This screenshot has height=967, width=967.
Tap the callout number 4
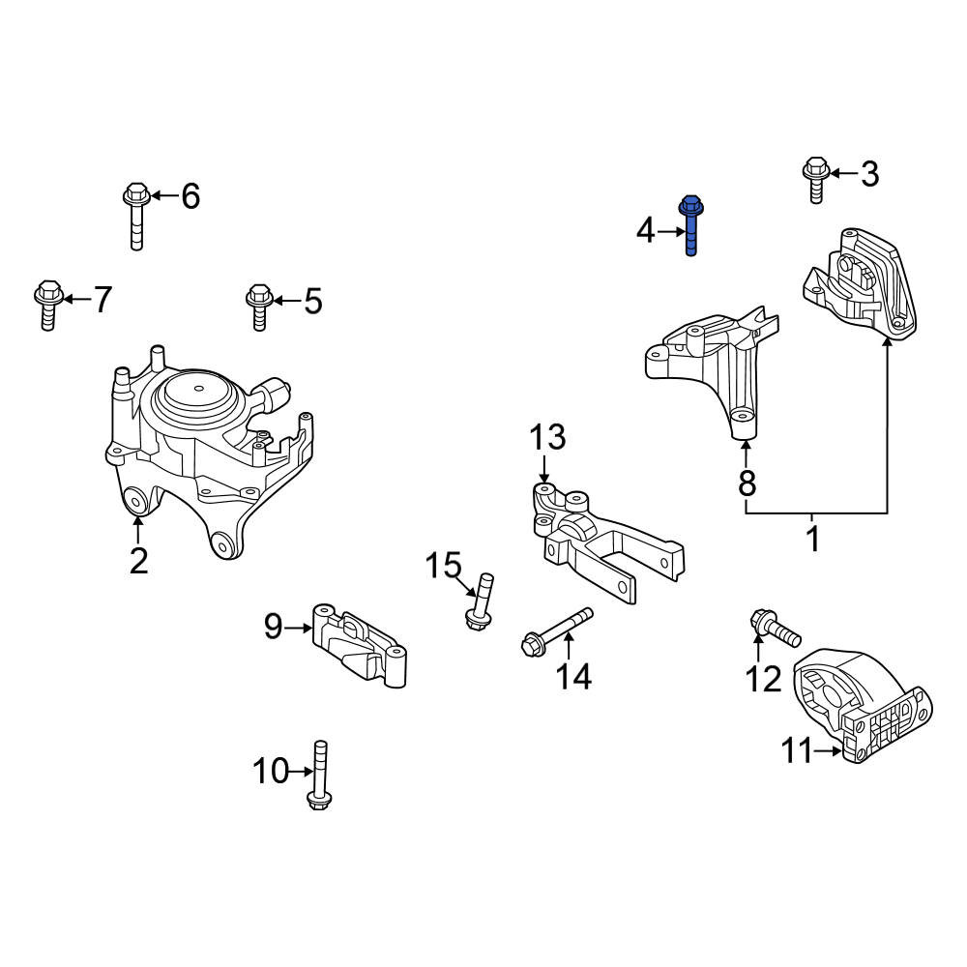click(x=645, y=231)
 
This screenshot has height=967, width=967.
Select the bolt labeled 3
click(x=816, y=180)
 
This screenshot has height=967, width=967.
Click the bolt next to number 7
click(x=48, y=305)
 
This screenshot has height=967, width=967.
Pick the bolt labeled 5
click(x=259, y=308)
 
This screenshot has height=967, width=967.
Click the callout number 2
click(x=138, y=561)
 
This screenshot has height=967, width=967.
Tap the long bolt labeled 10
click(x=319, y=775)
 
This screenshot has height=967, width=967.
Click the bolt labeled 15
click(x=481, y=601)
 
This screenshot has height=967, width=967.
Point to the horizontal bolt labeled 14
click(x=557, y=631)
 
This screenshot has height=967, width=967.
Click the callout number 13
click(x=547, y=437)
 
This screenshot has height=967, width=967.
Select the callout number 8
click(x=747, y=483)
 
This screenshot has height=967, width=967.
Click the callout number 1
click(x=813, y=539)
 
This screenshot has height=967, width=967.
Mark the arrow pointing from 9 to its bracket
click(x=299, y=628)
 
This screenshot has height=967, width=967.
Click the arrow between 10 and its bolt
click(x=301, y=772)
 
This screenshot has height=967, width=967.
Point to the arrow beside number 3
click(x=843, y=174)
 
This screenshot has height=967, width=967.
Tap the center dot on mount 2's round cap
click(x=198, y=389)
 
